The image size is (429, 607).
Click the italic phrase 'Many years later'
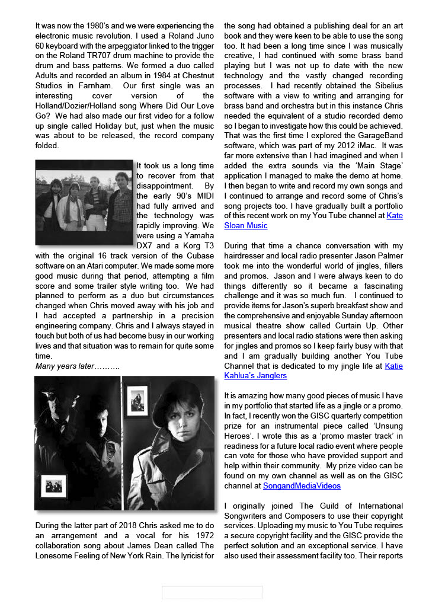[x=65, y=366]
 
